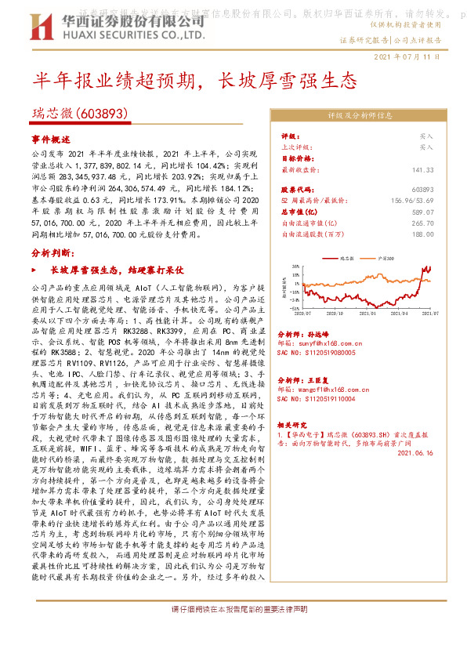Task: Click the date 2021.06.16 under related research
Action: tap(415, 452)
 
